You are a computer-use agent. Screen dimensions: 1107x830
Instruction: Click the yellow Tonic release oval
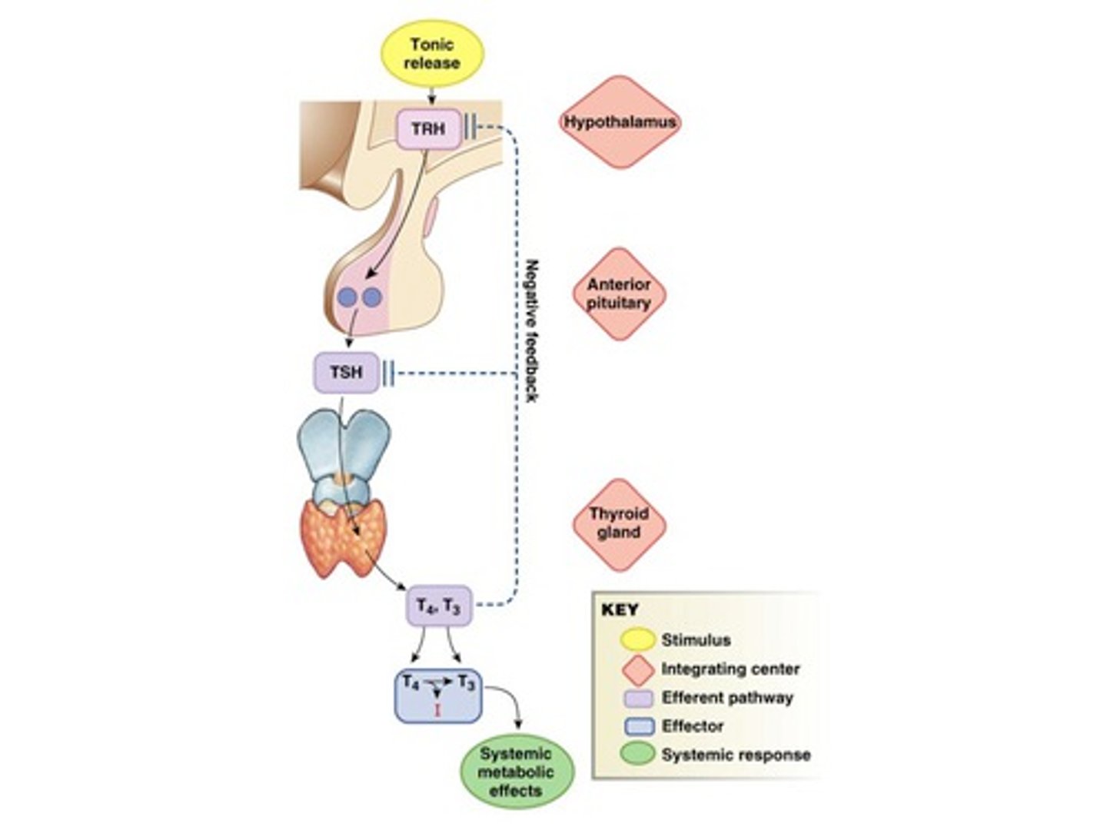pyautogui.click(x=431, y=54)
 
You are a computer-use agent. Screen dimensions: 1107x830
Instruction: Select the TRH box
pyautogui.click(x=429, y=129)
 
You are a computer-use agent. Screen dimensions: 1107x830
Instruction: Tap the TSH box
pyautogui.click(x=346, y=373)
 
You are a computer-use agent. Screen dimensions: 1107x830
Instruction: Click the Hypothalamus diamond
pyautogui.click(x=620, y=122)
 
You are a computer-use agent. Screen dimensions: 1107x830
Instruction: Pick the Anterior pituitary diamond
pyautogui.click(x=619, y=294)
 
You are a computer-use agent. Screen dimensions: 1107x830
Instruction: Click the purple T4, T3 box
pyautogui.click(x=439, y=606)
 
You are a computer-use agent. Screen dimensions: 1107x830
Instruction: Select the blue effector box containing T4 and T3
pyautogui.click(x=437, y=696)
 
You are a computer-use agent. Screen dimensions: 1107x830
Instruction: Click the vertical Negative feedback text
pyautogui.click(x=533, y=331)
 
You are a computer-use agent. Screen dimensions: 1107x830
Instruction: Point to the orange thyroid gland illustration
pyautogui.click(x=344, y=540)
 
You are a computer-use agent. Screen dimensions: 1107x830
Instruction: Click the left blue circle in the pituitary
pyautogui.click(x=347, y=297)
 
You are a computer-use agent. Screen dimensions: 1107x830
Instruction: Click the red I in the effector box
pyautogui.click(x=437, y=711)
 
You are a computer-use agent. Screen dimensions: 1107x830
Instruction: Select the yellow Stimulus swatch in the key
pyautogui.click(x=637, y=640)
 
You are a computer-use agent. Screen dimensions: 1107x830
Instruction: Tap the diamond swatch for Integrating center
pyautogui.click(x=638, y=669)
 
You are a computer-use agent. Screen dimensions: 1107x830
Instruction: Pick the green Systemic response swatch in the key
pyautogui.click(x=637, y=755)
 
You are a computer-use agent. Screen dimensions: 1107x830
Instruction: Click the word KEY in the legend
pyautogui.click(x=620, y=609)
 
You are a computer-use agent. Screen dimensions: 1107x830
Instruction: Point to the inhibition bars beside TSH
pyautogui.click(x=387, y=373)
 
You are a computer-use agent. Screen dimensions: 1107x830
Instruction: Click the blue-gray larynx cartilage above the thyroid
pyautogui.click(x=344, y=454)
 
